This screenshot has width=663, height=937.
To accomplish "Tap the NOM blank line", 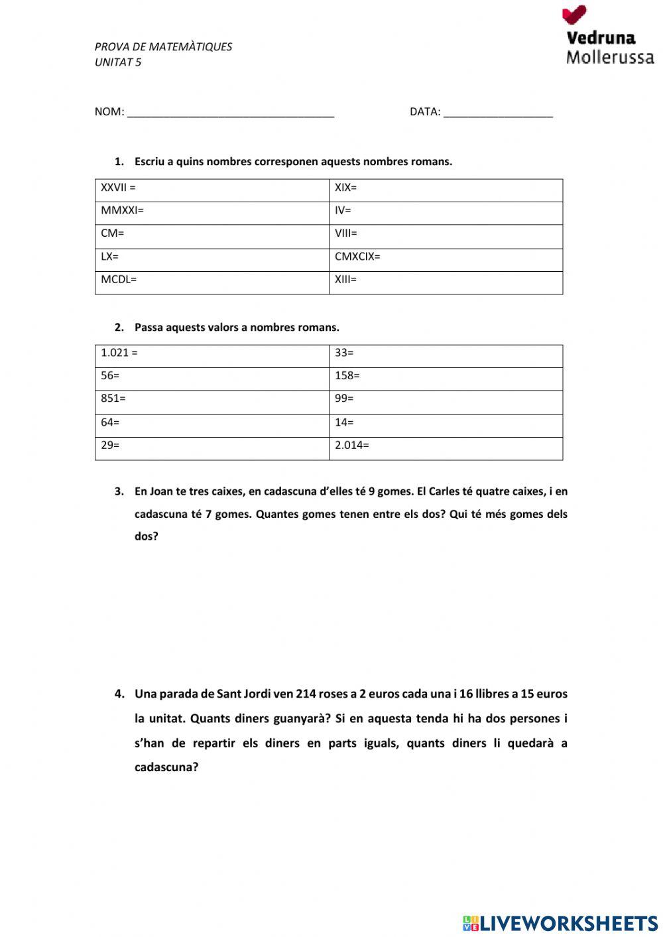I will (x=230, y=113).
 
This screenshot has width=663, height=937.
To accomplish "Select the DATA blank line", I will (x=497, y=113).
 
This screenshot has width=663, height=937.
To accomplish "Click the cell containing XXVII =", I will (x=212, y=190).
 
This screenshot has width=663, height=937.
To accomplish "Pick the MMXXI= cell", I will (x=212, y=212).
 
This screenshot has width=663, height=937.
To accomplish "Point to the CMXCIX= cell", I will (x=446, y=259).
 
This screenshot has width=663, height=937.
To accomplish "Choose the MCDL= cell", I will (x=212, y=282).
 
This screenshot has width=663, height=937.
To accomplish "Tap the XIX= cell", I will (x=446, y=190).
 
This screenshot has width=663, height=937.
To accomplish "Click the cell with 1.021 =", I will (x=212, y=355).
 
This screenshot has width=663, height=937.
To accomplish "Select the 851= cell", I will (x=212, y=401).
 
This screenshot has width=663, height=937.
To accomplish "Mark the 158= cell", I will (x=446, y=378).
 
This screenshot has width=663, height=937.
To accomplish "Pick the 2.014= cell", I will (x=446, y=448).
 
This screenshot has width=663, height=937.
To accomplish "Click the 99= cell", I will (x=446, y=401).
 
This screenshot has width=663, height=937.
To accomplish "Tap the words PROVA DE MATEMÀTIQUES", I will (x=163, y=47).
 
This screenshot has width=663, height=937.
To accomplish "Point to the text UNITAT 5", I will (x=118, y=62).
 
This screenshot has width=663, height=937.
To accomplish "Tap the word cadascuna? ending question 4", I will (x=166, y=768).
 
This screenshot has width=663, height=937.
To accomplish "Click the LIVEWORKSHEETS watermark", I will (x=560, y=922).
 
